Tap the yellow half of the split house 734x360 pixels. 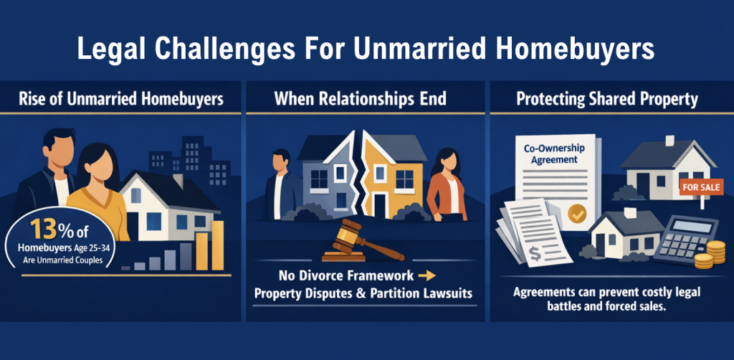pyautogui.click(x=386, y=172)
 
